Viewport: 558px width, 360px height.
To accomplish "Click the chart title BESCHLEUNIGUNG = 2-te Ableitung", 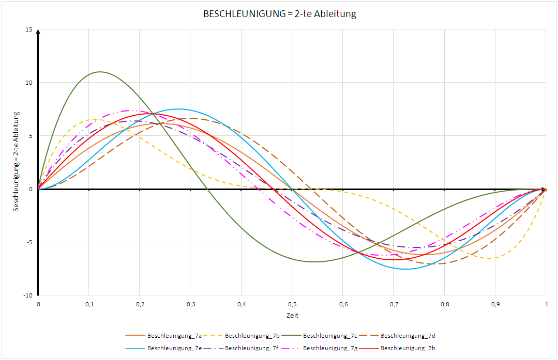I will [280, 14].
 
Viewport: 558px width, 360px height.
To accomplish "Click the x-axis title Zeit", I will [292, 315].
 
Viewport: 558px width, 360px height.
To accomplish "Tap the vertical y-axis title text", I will [17, 162].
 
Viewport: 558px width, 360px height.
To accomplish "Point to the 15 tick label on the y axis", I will [28, 29].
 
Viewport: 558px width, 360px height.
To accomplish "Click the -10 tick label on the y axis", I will [27, 295].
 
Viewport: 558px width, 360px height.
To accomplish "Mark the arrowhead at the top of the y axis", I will [38, 33].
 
